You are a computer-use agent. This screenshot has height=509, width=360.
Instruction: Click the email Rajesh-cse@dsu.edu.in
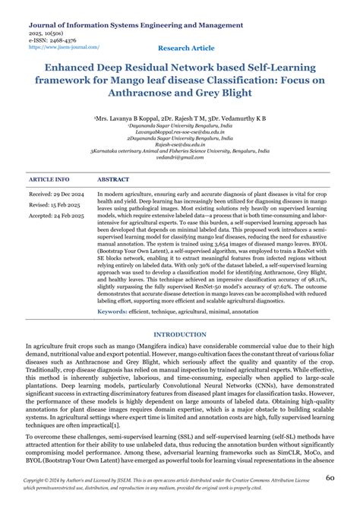(179, 144)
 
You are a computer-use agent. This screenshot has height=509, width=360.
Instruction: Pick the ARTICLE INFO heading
(49, 180)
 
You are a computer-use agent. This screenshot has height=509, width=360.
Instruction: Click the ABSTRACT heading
(113, 180)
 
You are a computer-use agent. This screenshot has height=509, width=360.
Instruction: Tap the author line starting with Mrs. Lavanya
(179, 120)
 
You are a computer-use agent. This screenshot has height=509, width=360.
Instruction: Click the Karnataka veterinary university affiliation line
(179, 150)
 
